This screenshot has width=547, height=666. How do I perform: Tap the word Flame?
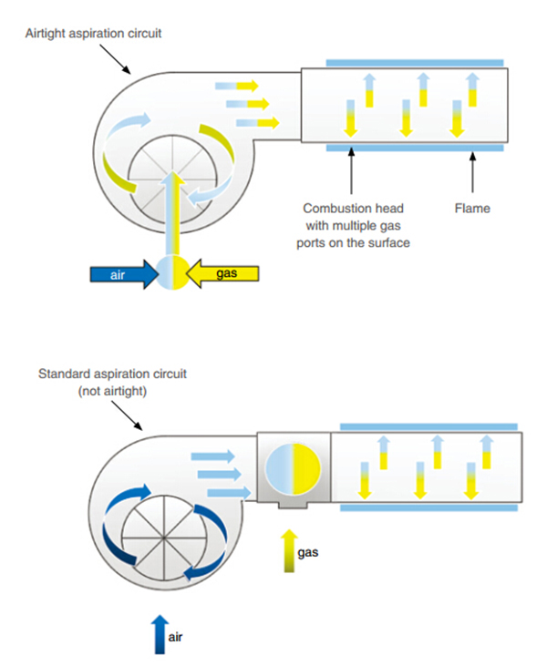(472, 209)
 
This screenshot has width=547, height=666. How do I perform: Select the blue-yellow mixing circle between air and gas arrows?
(173, 273)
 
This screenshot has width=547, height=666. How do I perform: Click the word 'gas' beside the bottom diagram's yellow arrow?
(309, 552)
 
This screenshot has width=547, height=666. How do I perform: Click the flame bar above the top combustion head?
(415, 62)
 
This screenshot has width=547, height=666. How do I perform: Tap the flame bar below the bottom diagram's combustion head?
(429, 507)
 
